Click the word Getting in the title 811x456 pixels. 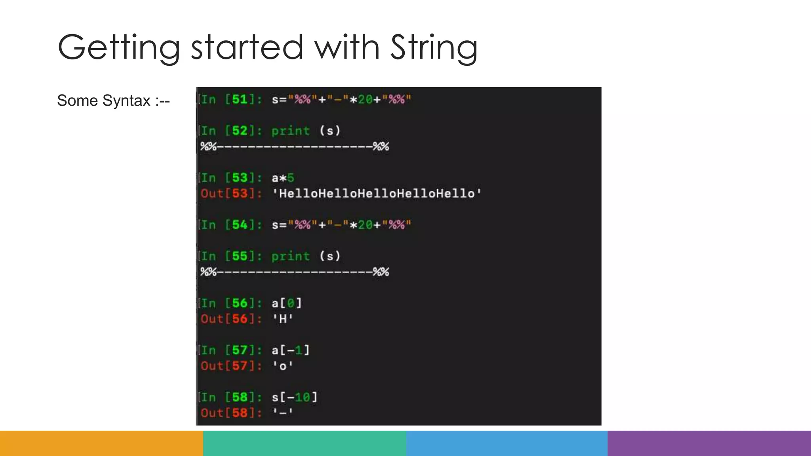tap(119, 47)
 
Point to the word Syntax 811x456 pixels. tap(127, 101)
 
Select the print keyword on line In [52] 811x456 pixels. tap(290, 131)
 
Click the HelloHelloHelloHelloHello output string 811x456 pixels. tap(377, 194)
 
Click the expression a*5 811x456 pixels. tap(283, 178)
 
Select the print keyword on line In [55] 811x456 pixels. tap(290, 256)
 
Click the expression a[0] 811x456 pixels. tap(287, 303)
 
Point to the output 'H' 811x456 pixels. tap(283, 319)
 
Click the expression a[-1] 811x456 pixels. tap(291, 350)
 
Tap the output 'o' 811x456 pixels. tap(283, 366)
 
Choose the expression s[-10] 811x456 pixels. tap(295, 397)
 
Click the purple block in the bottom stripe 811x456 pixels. tap(709, 443)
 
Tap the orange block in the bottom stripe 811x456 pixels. tap(101, 443)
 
